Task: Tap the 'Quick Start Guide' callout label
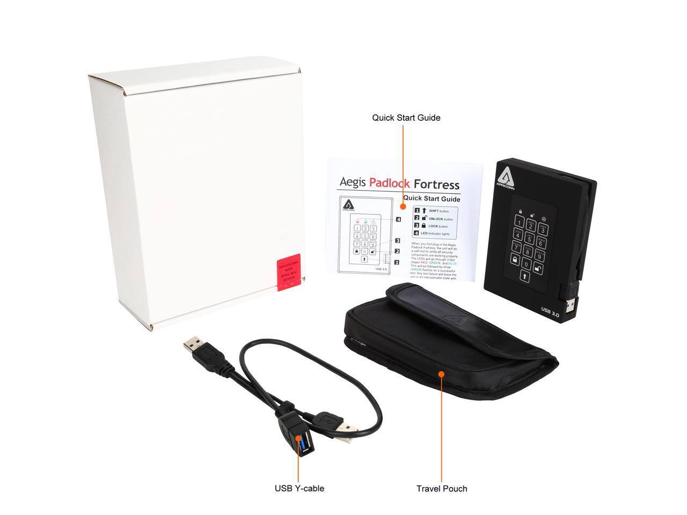[406, 117]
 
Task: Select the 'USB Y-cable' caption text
[299, 488]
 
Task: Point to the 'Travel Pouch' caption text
[441, 489]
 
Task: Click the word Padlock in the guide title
[389, 183]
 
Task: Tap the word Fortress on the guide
[436, 185]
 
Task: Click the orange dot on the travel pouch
[441, 373]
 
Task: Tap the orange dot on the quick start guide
[404, 206]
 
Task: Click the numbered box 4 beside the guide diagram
[398, 219]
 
